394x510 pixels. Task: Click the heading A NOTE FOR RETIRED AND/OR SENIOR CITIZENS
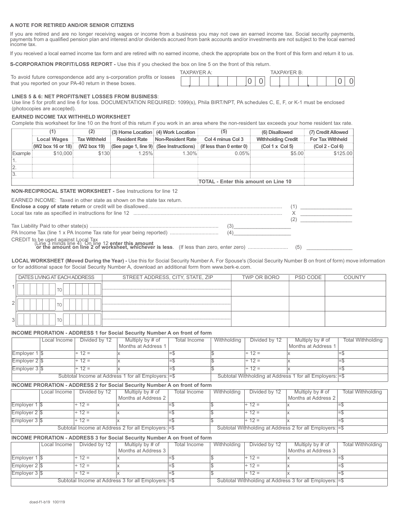pos(72,25)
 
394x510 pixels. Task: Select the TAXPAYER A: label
pos(196,73)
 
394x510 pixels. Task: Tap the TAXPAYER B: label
pos(287,73)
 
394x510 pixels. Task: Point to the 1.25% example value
pos(145,153)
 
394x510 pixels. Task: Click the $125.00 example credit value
pos(343,153)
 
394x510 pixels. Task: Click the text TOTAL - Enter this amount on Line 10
pos(245,182)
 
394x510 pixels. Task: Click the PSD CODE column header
pos(308,277)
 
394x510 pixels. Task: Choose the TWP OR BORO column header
pos(260,277)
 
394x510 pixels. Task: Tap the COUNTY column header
pos(354,277)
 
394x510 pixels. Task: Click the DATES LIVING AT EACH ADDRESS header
pos(56,277)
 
